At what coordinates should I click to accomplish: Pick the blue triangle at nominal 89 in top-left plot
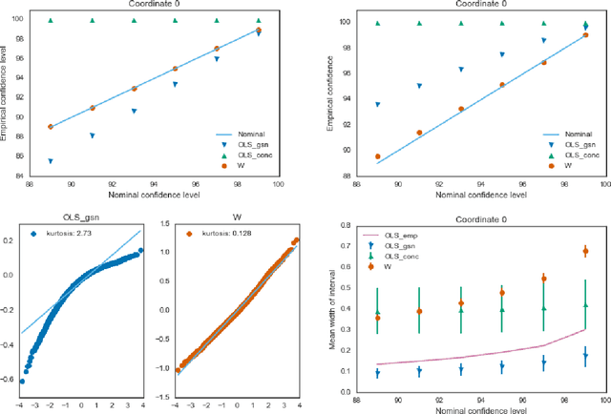point(50,161)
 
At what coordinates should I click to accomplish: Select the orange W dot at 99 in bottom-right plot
point(585,252)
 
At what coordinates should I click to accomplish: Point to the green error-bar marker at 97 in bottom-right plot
point(544,309)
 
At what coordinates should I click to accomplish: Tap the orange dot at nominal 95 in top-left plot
point(175,69)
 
